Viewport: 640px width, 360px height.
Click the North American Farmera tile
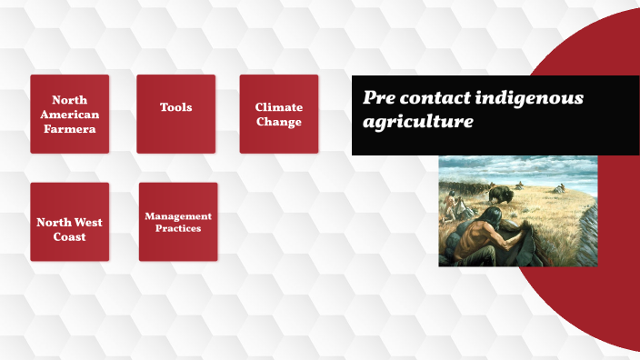69,114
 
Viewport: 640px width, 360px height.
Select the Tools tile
175,114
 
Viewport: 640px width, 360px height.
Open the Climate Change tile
278,114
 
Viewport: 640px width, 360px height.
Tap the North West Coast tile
69,222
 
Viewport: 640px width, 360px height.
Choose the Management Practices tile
178,222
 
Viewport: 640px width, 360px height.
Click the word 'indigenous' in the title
532,98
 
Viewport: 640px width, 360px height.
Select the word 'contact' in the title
438,98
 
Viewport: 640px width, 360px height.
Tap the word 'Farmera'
69,129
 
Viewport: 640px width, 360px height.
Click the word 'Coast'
69,237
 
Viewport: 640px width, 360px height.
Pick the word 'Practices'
178,228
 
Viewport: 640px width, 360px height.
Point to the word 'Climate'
279,107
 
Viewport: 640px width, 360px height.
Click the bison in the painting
500,194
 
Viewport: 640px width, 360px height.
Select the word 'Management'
178,216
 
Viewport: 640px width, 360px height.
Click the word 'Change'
279,122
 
